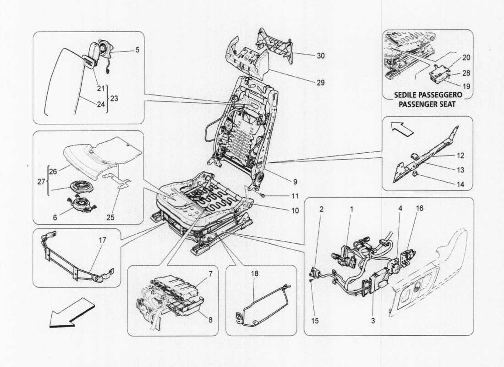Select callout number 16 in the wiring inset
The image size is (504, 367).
420,208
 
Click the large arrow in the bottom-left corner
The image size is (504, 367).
71,313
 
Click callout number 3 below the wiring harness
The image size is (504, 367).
373,322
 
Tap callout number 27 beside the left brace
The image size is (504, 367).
41,182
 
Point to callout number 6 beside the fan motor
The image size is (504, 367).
55,219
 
